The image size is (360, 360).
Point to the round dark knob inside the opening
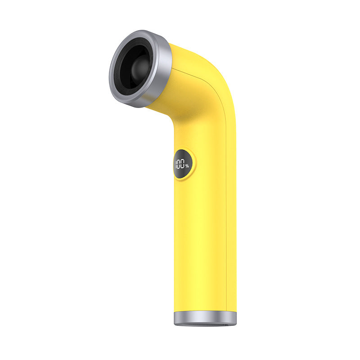(141, 67)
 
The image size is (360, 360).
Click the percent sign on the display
(187, 166)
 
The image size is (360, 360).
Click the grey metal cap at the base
(205, 318)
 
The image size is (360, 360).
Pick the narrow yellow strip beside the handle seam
(231, 225)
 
